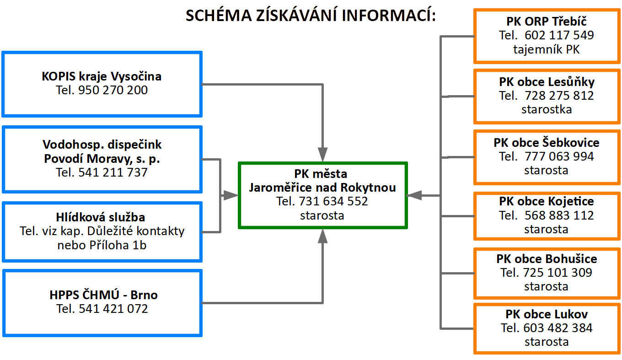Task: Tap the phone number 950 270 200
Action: (113, 90)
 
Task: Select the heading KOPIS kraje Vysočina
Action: (102, 76)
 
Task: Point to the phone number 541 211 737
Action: (113, 172)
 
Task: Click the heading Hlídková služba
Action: (101, 217)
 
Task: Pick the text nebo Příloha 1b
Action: (102, 245)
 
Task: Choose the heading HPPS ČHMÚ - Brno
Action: (103, 295)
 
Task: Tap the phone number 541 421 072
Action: (113, 309)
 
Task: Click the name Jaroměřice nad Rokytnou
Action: (322, 188)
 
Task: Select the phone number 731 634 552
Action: (333, 201)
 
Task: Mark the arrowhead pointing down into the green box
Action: (323, 155)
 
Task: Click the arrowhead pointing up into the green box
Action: (323, 236)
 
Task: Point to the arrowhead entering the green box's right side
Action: (415, 195)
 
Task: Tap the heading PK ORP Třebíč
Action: (547, 21)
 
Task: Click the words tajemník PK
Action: (547, 49)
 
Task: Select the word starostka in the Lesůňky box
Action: (547, 109)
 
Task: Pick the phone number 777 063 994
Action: (559, 156)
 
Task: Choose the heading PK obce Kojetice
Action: (547, 201)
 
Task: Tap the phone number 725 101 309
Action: (558, 273)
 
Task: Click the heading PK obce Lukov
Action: (547, 314)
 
